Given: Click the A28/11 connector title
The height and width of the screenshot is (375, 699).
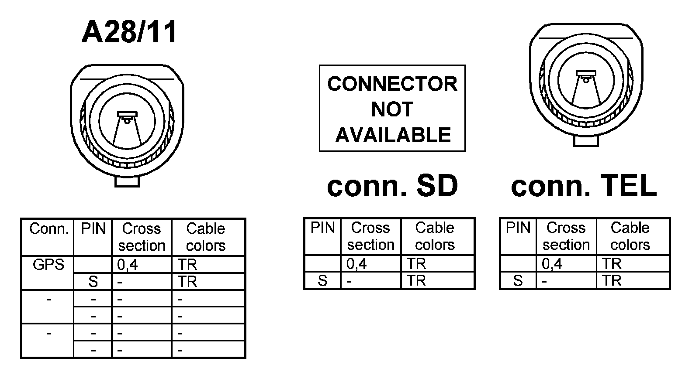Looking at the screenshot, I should pyautogui.click(x=129, y=32).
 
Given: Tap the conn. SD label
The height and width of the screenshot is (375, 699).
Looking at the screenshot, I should pyautogui.click(x=392, y=186).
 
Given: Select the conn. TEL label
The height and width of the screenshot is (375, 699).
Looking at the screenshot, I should pyautogui.click(x=584, y=186).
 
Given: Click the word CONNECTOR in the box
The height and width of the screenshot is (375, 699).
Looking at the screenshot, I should pyautogui.click(x=392, y=84).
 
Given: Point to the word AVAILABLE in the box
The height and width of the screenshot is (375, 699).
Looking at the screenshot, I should pyautogui.click(x=393, y=135).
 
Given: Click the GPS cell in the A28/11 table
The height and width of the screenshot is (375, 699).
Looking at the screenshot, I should pyautogui.click(x=48, y=265).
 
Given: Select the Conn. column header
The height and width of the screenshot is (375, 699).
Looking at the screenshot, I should pyautogui.click(x=49, y=229).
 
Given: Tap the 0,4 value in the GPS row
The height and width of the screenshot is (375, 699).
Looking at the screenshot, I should pyautogui.click(x=128, y=265).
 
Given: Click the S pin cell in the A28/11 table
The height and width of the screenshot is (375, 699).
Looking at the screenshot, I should pyautogui.click(x=93, y=282).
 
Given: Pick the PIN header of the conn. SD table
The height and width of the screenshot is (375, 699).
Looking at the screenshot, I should pyautogui.click(x=322, y=228).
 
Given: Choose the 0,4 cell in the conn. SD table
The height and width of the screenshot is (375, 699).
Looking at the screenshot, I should pyautogui.click(x=356, y=264).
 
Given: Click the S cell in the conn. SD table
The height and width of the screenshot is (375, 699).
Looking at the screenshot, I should pyautogui.click(x=322, y=281).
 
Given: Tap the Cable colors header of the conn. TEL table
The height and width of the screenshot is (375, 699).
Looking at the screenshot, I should pyautogui.click(x=630, y=236).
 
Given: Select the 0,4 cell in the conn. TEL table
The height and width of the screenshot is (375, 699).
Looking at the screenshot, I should pyautogui.click(x=552, y=264).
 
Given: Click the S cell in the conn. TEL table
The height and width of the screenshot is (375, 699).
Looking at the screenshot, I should pyautogui.click(x=518, y=281).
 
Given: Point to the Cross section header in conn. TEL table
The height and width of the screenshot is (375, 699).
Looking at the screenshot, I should pyautogui.click(x=566, y=236).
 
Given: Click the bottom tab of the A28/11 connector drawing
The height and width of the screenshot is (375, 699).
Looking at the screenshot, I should pyautogui.click(x=127, y=181).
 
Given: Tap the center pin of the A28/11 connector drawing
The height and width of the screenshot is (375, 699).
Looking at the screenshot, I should pyautogui.click(x=127, y=121).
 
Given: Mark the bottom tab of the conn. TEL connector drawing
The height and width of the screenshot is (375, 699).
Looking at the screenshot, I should pyautogui.click(x=586, y=141).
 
